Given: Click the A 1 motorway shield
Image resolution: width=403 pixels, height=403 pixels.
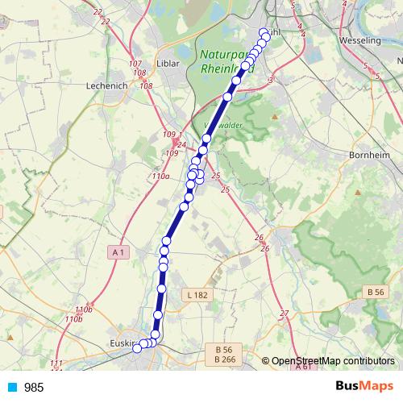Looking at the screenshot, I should coord(118,253).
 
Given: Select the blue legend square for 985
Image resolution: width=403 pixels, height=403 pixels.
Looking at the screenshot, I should coord(12,388).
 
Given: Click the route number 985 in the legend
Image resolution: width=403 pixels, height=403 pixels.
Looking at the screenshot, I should coord(34,388).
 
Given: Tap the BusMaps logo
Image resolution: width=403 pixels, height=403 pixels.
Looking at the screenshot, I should coord(364,387).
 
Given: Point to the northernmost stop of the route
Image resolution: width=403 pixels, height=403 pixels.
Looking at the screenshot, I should coord(263,33).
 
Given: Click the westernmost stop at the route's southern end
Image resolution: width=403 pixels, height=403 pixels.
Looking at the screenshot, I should coord(137,348).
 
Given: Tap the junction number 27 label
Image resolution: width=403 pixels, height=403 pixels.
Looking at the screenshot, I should coord(284,313).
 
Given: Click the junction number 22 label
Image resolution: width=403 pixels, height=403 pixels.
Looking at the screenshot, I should coord(98,11).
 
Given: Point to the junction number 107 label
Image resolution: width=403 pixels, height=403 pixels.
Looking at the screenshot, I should coord(135,63).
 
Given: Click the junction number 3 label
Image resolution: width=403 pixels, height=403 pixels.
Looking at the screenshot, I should coord(272,80).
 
